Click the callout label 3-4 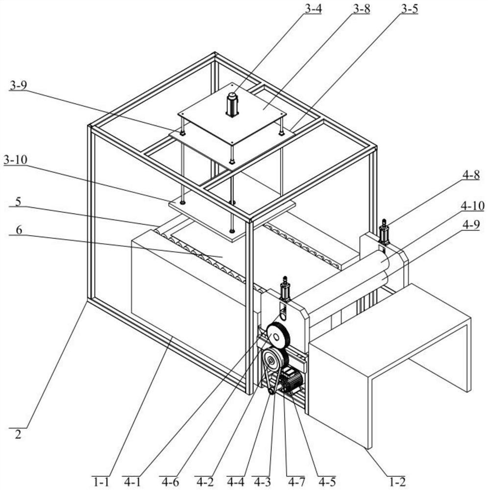coord(312,9)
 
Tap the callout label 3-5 coord(409,9)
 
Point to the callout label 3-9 coord(18,85)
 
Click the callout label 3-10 coord(16,160)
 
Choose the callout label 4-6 coord(170,482)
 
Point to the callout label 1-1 coord(101,482)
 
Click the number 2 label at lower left coord(18,434)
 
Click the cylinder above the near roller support coord(285,290)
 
